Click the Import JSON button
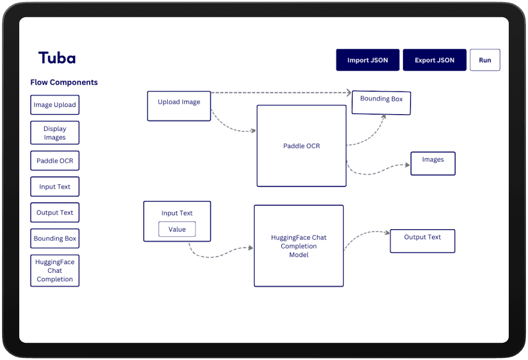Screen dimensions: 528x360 point(367,60)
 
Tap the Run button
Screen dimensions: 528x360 point(485,60)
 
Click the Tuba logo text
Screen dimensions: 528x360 point(57,58)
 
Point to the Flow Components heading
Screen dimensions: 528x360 point(64,82)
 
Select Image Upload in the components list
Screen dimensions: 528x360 point(55,105)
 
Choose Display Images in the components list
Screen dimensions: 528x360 point(55,133)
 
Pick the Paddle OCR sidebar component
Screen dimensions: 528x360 point(55,161)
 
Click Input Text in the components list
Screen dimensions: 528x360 point(55,187)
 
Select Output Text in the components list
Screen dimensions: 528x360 point(55,212)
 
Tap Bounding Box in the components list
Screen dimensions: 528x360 point(55,239)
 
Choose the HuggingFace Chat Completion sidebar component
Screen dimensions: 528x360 point(55,271)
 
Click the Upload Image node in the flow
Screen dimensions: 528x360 point(179,106)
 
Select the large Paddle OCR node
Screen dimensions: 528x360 point(301,146)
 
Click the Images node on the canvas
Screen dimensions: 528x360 point(433,163)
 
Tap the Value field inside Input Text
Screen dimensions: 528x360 point(177,229)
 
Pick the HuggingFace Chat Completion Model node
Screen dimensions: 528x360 point(298,246)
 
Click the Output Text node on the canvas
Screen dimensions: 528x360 point(423,241)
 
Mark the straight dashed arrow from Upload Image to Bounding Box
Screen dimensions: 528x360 point(281,92)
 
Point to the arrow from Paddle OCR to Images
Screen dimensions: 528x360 point(377,172)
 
